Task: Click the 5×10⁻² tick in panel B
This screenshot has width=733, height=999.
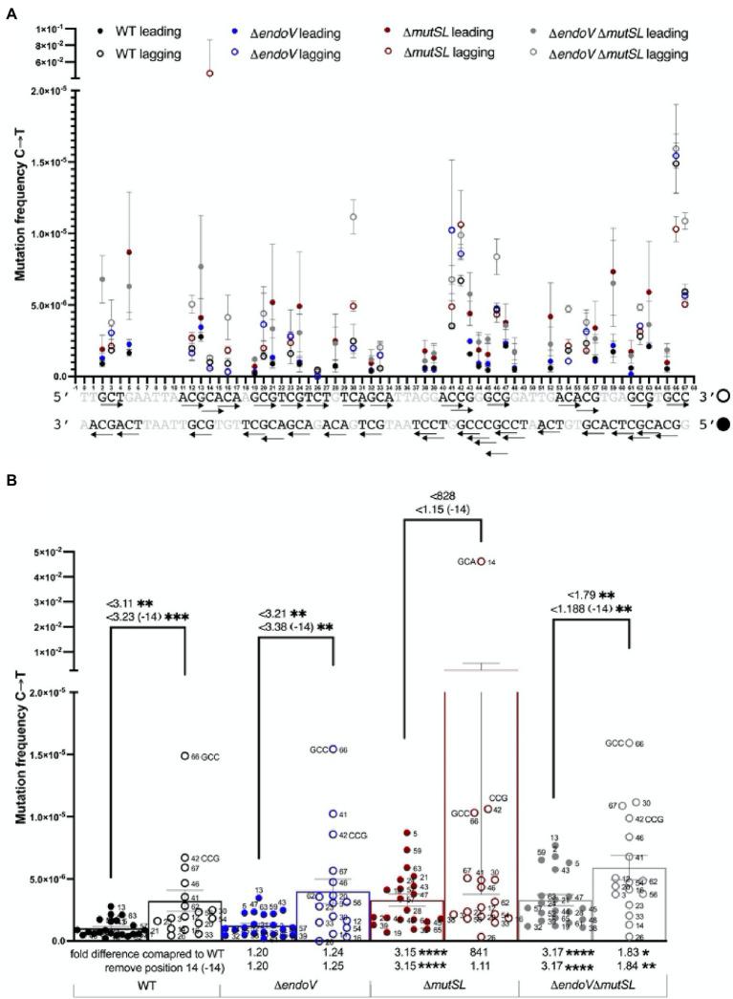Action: point(48,552)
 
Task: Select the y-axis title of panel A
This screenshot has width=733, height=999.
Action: point(20,225)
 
